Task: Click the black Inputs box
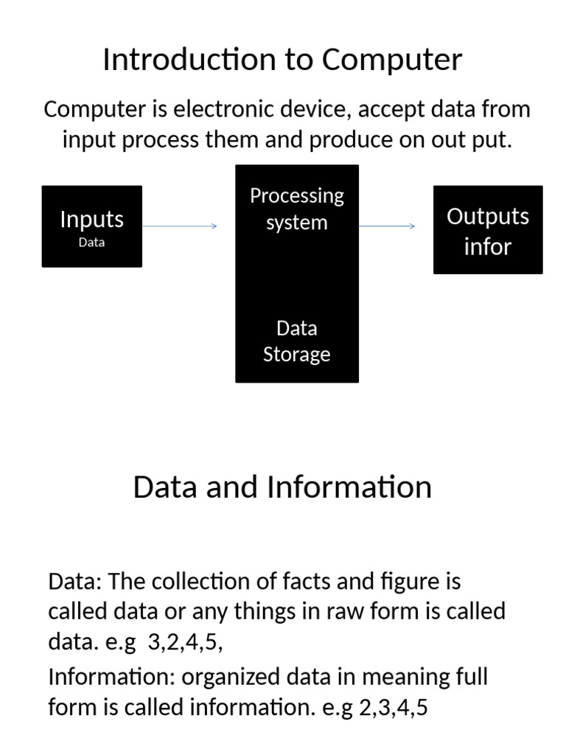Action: click(x=91, y=226)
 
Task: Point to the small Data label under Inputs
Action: click(x=91, y=242)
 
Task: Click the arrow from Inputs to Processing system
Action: click(x=179, y=226)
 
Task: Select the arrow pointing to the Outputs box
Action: click(x=387, y=226)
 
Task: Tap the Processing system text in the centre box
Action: click(x=296, y=209)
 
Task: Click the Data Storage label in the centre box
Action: click(x=296, y=341)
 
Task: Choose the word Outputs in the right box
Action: click(x=487, y=217)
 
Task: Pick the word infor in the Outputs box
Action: click(x=487, y=246)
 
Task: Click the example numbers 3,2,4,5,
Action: click(x=185, y=642)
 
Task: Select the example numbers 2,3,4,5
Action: click(x=393, y=709)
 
